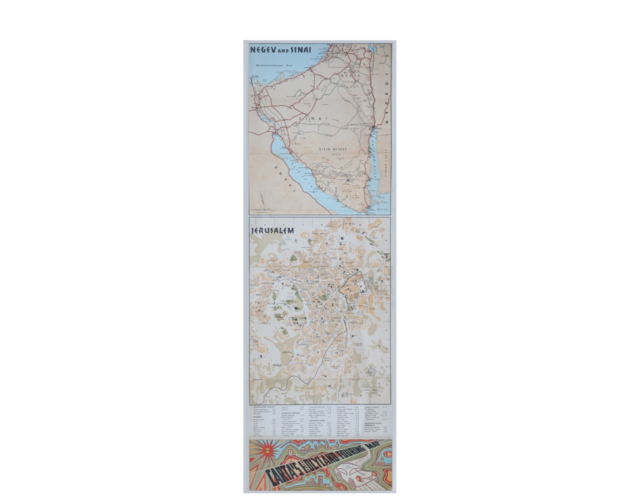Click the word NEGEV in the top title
262,51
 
